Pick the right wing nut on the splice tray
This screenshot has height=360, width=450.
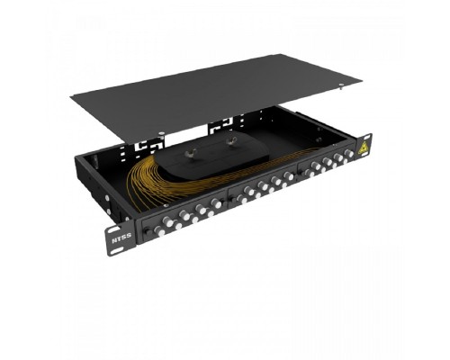point(232,139)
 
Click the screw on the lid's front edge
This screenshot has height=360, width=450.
point(162,133)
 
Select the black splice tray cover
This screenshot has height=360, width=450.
point(210,155)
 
